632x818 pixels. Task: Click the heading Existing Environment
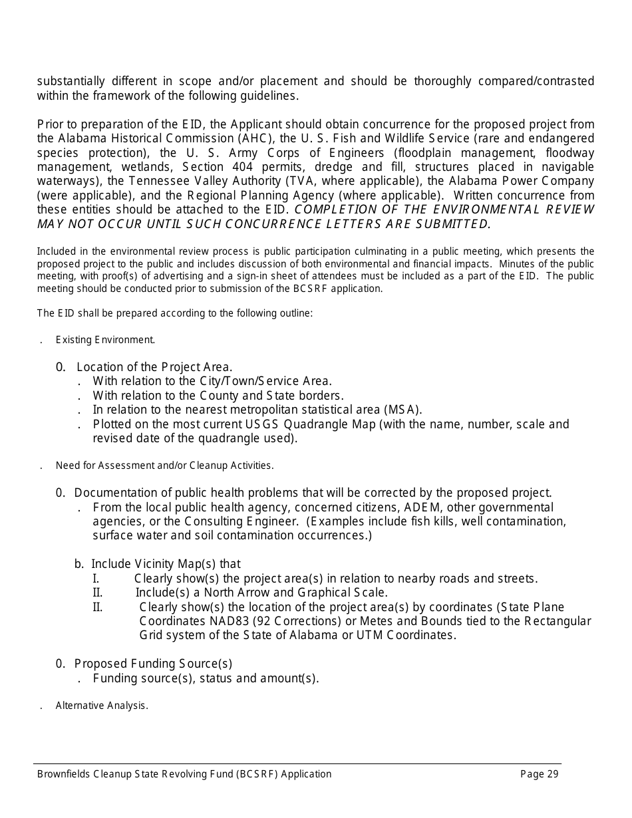point(105,340)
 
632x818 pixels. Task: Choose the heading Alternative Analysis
point(102,706)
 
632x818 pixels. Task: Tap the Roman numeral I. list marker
point(96,579)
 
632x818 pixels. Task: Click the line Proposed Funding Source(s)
point(153,664)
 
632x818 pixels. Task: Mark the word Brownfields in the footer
point(64,773)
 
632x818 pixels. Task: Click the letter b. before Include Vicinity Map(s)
point(79,564)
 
